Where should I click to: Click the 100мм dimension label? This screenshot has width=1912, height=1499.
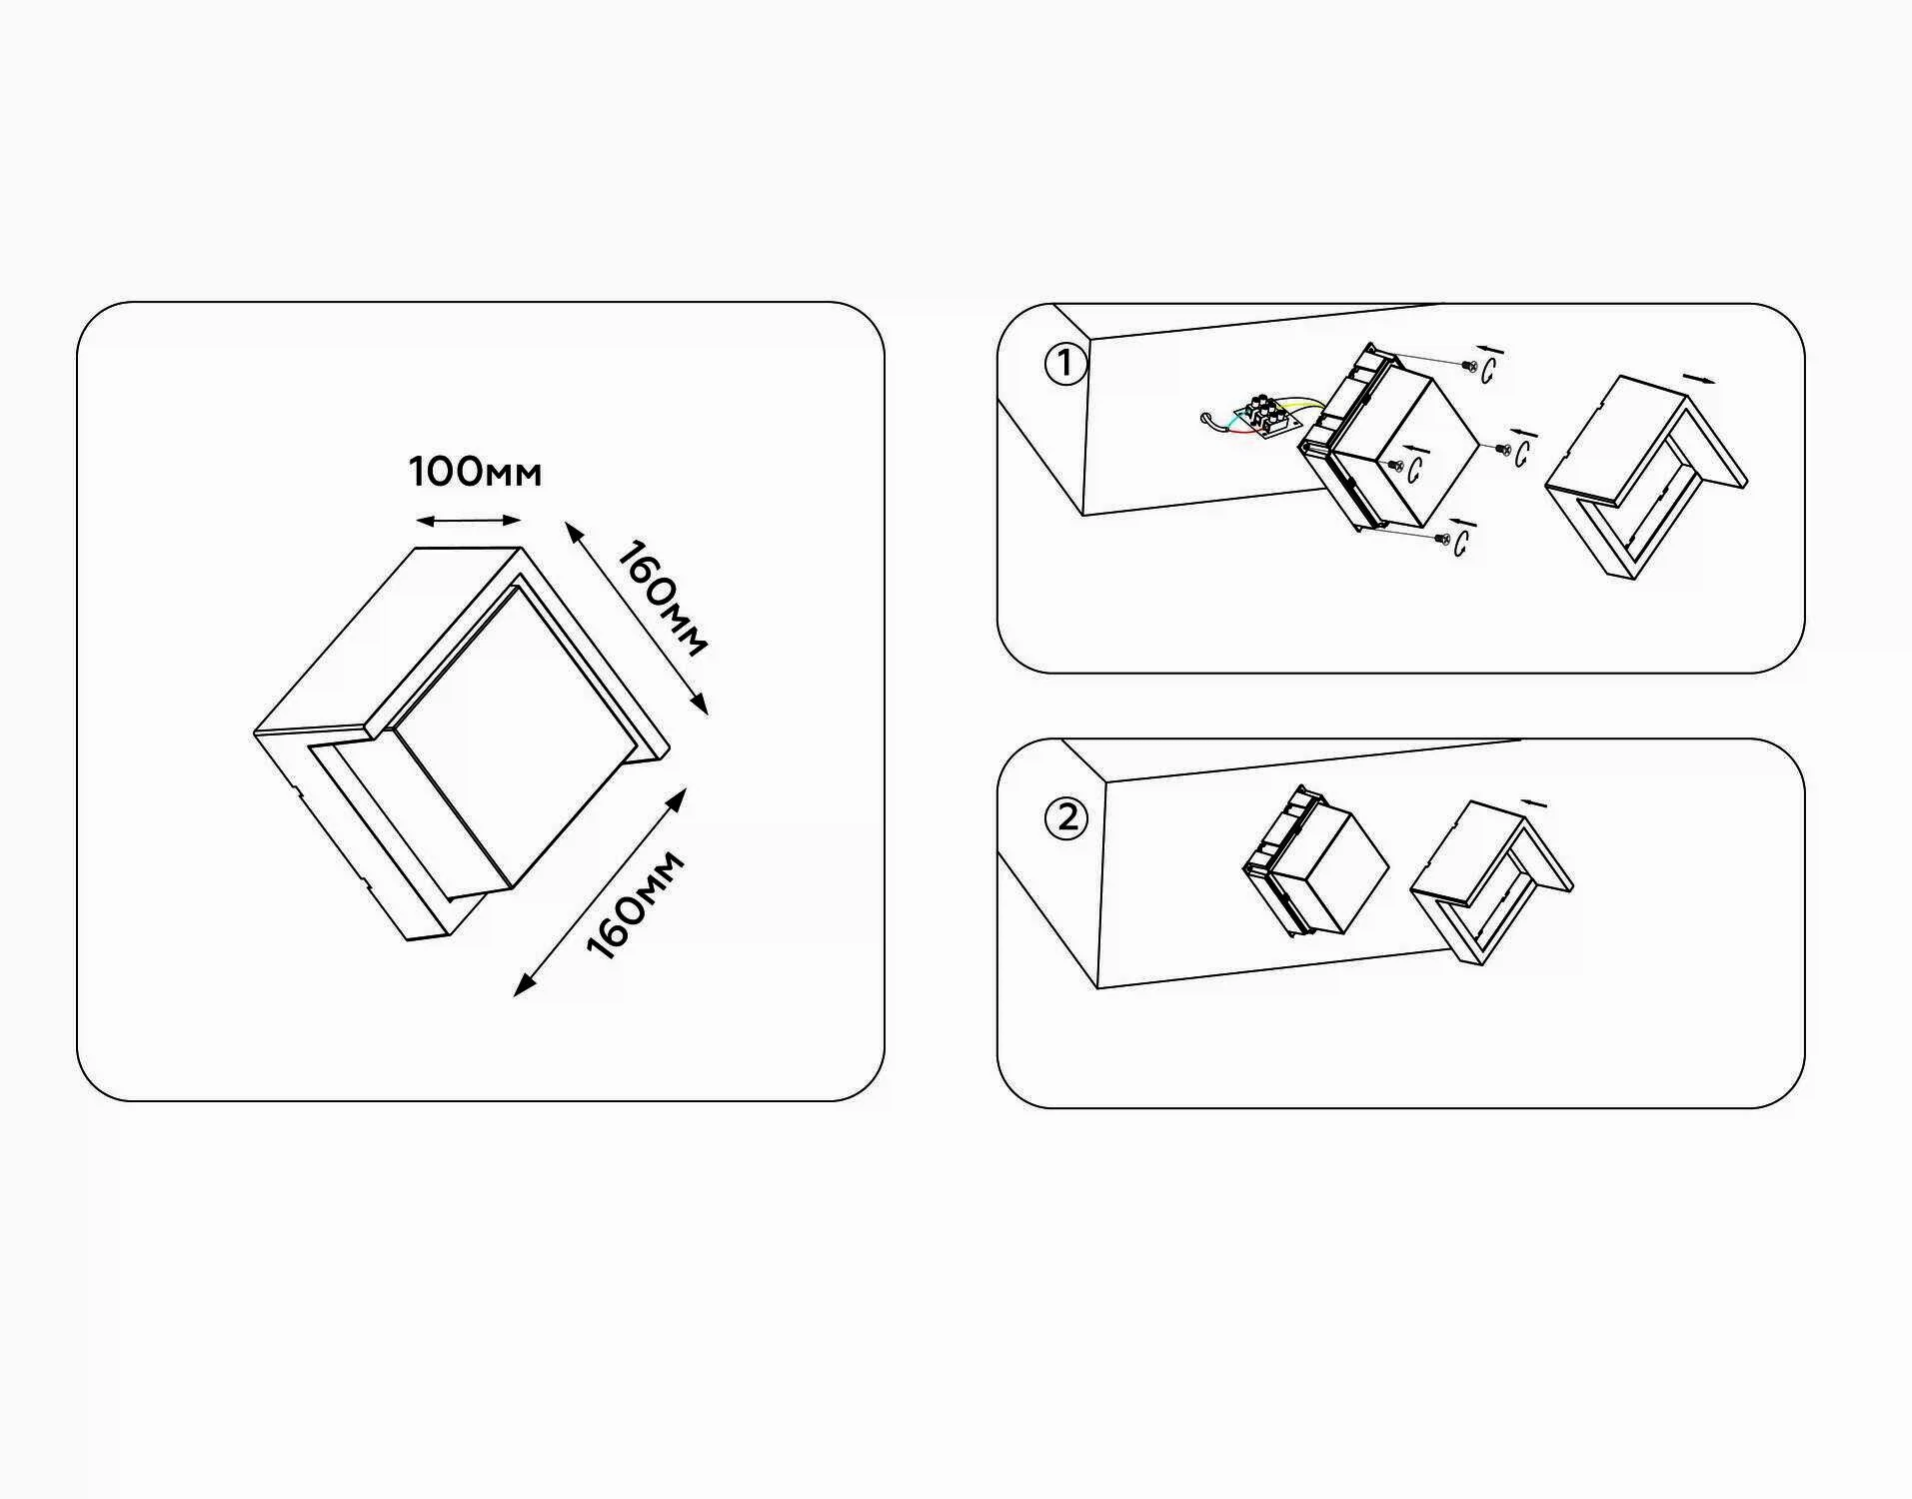pyautogui.click(x=475, y=471)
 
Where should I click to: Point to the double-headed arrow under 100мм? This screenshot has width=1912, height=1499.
pyautogui.click(x=469, y=521)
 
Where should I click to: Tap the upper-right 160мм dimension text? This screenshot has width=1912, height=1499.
pyautogui.click(x=661, y=598)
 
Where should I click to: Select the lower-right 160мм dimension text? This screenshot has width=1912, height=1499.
pyautogui.click(x=635, y=905)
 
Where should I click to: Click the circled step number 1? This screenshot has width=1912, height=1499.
pyautogui.click(x=1064, y=364)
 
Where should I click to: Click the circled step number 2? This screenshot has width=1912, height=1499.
pyautogui.click(x=1064, y=819)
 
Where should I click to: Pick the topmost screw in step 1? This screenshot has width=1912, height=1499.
pyautogui.click(x=1469, y=367)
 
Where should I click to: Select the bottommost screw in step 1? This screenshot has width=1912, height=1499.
pyautogui.click(x=1441, y=539)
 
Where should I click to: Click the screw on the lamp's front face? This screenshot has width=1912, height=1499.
pyautogui.click(x=1392, y=464)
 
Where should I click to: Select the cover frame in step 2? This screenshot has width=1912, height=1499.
pyautogui.click(x=1491, y=883)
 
